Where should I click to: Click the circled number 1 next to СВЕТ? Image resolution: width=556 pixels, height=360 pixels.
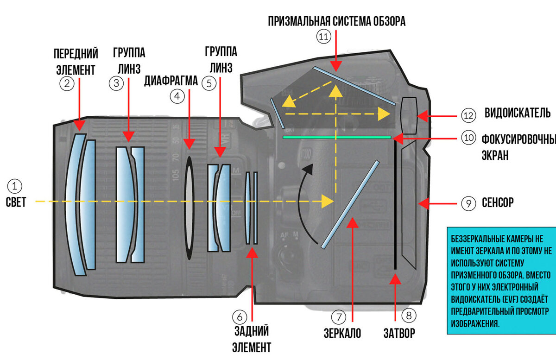14,186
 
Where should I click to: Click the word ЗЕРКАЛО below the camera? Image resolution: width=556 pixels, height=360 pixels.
342,333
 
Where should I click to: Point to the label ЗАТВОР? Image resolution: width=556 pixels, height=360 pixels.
399,333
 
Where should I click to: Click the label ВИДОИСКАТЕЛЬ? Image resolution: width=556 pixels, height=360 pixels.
518,113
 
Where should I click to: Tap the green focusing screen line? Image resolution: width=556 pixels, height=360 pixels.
337,137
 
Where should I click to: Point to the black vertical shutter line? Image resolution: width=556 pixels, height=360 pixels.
395,204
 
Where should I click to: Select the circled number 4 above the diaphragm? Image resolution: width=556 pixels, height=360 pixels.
177,96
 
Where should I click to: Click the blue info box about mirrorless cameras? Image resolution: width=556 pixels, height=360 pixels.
500,280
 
